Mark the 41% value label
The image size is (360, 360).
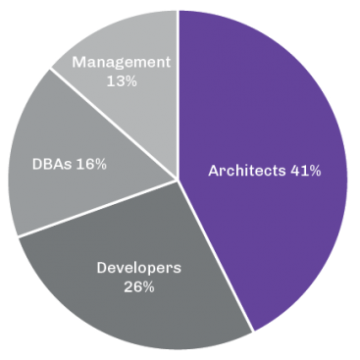[306, 171]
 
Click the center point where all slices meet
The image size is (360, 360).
[179, 179]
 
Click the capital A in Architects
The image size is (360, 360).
[214, 171]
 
